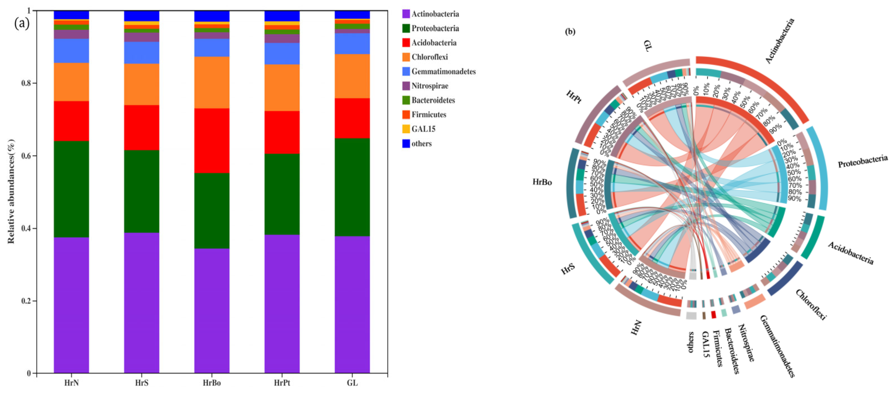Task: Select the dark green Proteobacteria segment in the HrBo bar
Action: [x=211, y=210]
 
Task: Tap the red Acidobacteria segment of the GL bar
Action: [x=352, y=118]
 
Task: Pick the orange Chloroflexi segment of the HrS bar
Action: [x=141, y=84]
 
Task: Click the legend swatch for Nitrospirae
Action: [x=406, y=86]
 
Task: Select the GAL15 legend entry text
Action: [x=423, y=129]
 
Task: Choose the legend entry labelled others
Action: [x=422, y=144]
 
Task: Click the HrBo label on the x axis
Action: [x=211, y=383]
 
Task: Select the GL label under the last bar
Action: [x=352, y=383]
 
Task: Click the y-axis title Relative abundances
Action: [x=11, y=191]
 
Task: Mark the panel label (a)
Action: [x=22, y=23]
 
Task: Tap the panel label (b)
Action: [x=570, y=32]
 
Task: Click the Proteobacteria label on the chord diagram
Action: [x=862, y=162]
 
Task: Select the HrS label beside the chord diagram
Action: [x=568, y=269]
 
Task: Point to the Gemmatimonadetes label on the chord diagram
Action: [x=777, y=346]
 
